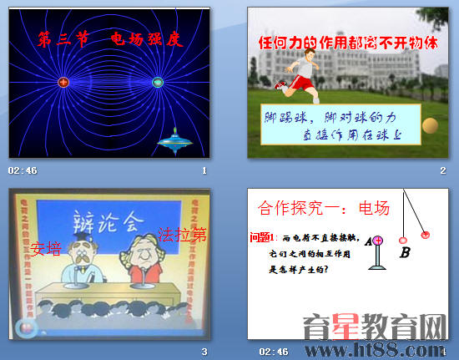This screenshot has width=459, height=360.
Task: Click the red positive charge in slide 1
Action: click(x=63, y=82)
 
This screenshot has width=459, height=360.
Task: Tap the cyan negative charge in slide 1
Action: click(x=157, y=82)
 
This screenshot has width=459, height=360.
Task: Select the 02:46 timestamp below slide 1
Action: click(x=23, y=170)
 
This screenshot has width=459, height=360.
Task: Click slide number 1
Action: click(x=204, y=170)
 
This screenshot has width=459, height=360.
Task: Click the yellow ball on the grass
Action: click(x=430, y=125)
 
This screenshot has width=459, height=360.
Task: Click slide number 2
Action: click(x=442, y=170)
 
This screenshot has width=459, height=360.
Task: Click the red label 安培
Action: click(x=47, y=248)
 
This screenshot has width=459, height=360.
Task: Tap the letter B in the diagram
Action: click(x=405, y=251)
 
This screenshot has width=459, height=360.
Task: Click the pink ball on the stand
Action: click(x=378, y=241)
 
